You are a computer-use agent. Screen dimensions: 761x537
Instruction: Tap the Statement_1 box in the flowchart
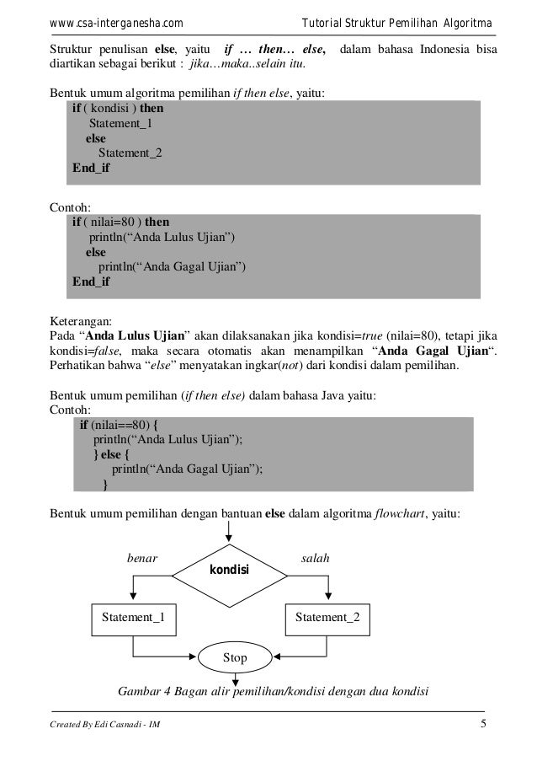(134, 617)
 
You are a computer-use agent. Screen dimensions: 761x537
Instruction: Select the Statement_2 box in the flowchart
(327, 617)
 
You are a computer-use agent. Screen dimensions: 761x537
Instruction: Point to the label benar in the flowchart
(141, 557)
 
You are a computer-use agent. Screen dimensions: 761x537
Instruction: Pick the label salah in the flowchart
(316, 557)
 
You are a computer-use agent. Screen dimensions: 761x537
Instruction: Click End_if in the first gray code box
(91, 168)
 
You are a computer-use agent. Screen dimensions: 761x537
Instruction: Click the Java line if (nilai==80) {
(125, 426)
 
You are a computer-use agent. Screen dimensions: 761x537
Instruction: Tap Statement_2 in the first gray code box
(131, 153)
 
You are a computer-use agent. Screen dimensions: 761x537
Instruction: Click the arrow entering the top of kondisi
(228, 533)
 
